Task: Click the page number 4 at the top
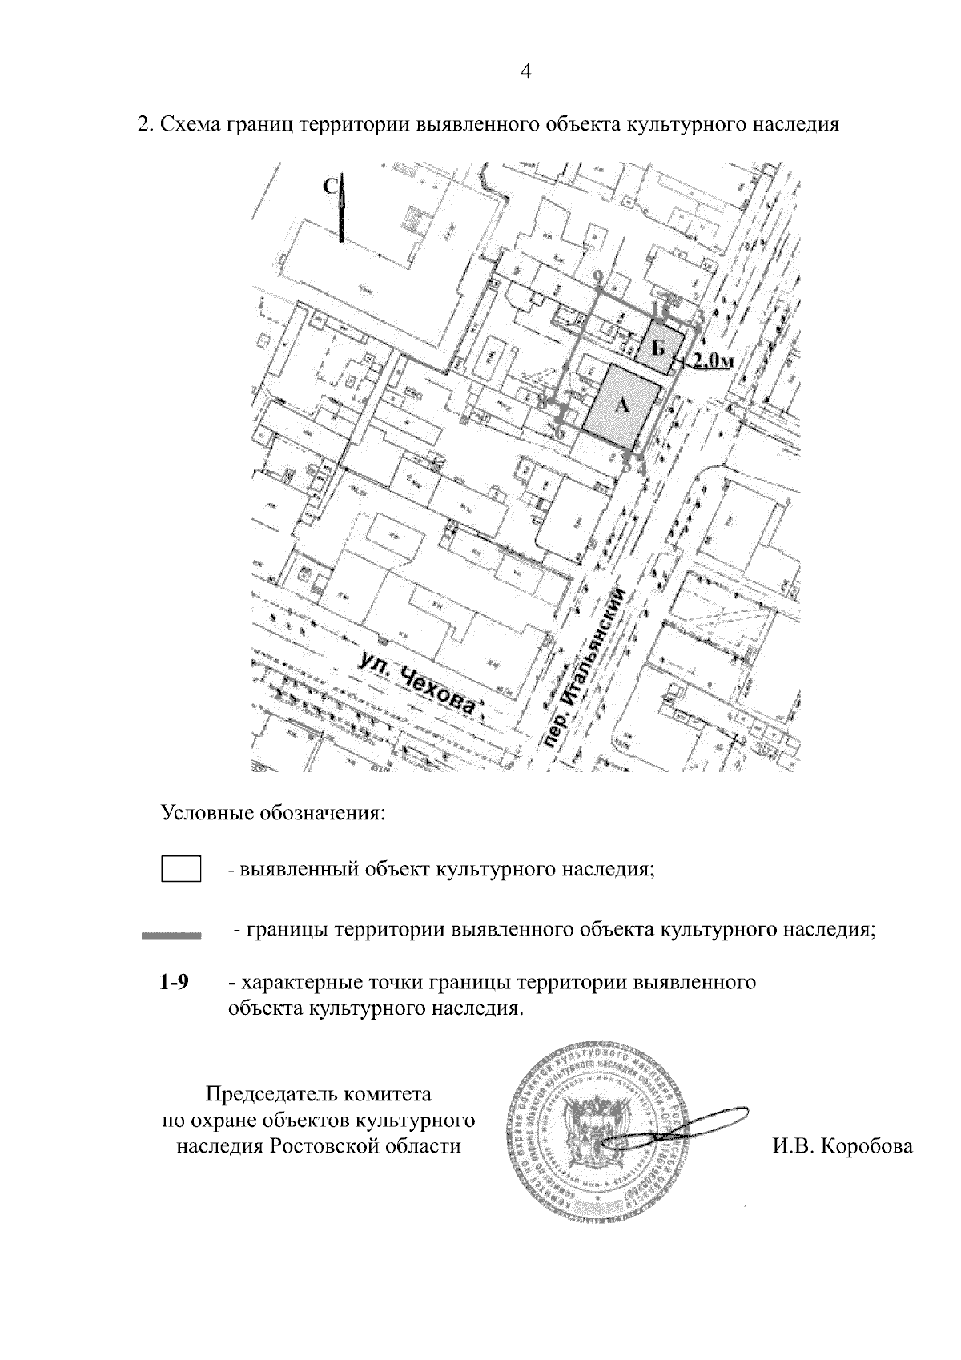[526, 72]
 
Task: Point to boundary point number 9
[598, 277]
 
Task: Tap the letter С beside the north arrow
[329, 187]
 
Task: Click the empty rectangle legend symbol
[181, 869]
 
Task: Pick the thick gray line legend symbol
[171, 934]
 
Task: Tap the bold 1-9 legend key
[174, 982]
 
